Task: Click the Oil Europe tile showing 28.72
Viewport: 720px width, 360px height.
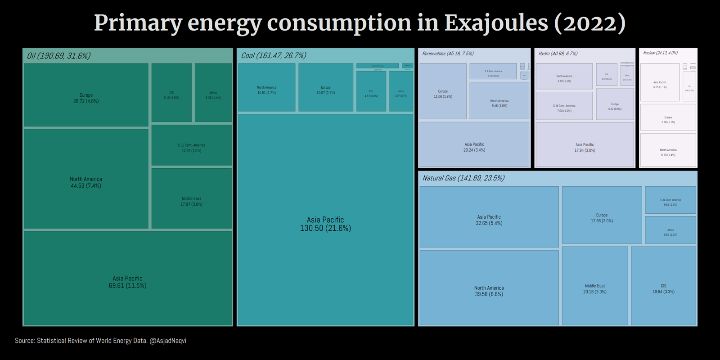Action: coord(86,95)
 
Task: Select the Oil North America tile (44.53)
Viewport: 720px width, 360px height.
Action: coord(86,179)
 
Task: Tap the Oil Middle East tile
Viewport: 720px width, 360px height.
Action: coord(191,198)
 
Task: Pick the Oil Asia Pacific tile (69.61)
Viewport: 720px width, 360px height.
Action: coord(127,279)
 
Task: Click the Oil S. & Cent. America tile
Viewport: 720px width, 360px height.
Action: coord(191,145)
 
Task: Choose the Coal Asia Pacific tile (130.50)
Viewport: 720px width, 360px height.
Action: coord(325,220)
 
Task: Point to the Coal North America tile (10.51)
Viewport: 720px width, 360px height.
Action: coord(267,88)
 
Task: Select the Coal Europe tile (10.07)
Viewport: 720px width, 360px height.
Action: coord(326,88)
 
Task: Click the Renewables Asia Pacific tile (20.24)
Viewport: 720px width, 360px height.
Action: coord(474,144)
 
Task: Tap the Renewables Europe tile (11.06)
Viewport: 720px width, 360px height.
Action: coord(443,91)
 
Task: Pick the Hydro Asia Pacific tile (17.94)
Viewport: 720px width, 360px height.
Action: coord(585,145)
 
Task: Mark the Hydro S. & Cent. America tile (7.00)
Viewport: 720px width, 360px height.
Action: coord(564,106)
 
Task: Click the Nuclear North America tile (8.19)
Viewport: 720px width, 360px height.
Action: coord(668,150)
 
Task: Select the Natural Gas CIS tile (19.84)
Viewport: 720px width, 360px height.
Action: coord(663,286)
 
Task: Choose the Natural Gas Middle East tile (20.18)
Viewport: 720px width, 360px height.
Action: coord(595,286)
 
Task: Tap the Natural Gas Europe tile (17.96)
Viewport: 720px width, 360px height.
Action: coord(602,216)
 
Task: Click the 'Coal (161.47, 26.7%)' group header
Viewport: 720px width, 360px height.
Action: coord(274,55)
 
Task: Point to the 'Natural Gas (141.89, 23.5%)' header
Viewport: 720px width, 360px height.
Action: coord(463,178)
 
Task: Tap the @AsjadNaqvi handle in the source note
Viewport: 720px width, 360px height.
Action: coord(168,341)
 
